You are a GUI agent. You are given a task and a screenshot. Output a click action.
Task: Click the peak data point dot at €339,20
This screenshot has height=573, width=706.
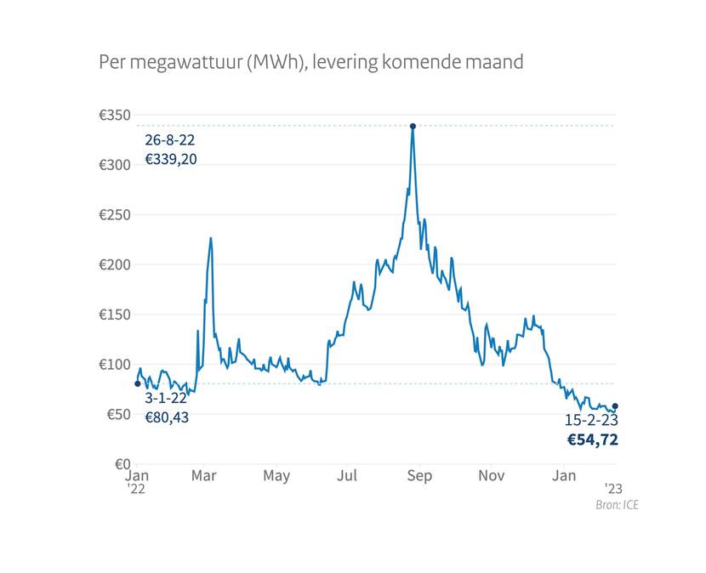coord(413,126)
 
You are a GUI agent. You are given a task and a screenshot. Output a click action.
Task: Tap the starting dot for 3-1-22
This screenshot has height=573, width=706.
coord(138,383)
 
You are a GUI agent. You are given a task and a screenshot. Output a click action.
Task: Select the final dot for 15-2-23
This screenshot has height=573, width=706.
coord(615,406)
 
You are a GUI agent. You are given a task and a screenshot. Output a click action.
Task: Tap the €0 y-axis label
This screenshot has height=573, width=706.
coord(120,464)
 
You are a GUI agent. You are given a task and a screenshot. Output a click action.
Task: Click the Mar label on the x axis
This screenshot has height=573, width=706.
coord(202,476)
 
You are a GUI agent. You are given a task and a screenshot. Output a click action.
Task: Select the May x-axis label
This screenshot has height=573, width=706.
coord(276,476)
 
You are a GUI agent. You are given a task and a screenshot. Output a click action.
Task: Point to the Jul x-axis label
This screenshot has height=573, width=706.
coord(346,476)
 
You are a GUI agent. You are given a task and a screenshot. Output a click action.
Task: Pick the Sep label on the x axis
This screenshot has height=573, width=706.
coord(419,476)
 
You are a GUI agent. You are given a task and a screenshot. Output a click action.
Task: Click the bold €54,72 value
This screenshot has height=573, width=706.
coord(592,440)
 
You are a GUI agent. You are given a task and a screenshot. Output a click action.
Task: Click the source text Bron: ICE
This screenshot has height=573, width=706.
coord(617,505)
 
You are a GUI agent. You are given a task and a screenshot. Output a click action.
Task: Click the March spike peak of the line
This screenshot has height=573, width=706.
coord(210,238)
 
